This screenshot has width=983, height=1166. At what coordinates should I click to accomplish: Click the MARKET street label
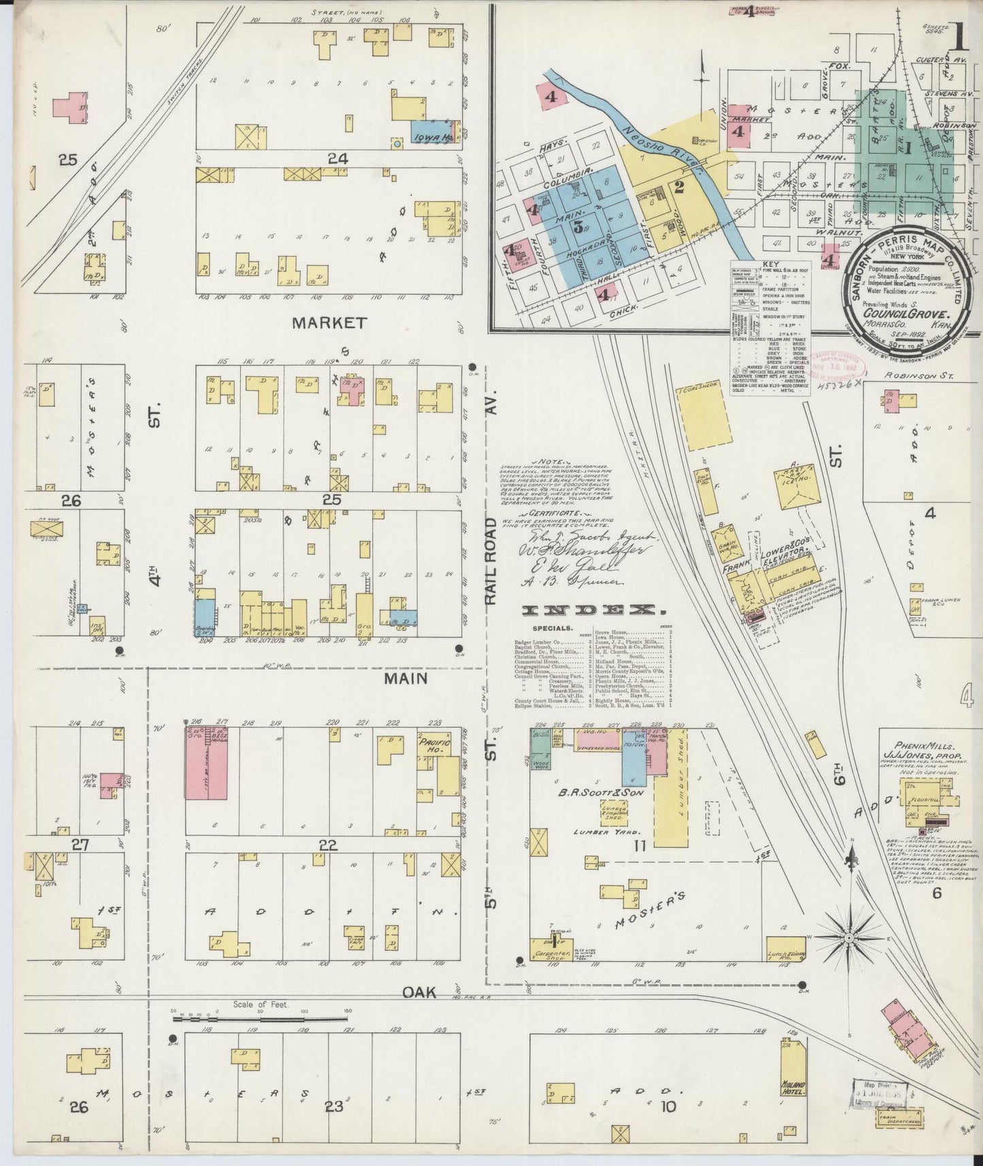(329, 322)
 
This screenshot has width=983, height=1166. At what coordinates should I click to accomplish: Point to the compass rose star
(848, 939)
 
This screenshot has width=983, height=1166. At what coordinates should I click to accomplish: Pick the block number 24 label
(337, 159)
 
